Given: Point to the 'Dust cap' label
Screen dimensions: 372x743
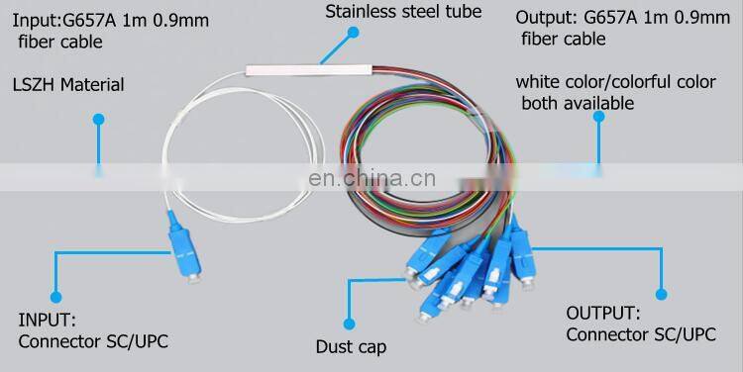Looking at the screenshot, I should click(351, 346).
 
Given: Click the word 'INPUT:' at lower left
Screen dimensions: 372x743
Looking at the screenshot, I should click(47, 320).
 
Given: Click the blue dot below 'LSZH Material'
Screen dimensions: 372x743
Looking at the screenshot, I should click(98, 120).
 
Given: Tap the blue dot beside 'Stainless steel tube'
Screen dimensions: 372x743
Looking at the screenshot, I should click(353, 32).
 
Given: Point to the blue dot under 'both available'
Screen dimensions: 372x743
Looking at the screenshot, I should click(599, 117).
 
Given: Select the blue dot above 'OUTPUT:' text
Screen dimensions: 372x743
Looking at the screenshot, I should click(661, 294).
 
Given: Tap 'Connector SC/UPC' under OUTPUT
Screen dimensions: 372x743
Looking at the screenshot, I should click(640, 334).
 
